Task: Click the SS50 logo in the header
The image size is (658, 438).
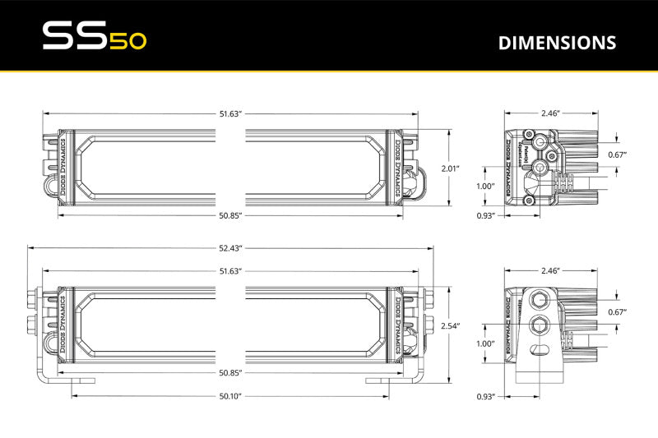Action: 94,37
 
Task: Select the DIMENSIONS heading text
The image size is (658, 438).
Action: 557,42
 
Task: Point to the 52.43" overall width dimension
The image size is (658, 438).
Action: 229,247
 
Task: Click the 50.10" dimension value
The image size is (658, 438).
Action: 229,396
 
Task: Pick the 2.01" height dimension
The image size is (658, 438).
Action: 450,168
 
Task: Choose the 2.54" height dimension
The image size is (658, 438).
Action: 450,326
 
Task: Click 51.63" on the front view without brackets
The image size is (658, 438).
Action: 229,113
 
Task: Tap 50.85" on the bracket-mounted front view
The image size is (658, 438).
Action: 229,373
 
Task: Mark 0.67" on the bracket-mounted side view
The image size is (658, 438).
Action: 616,311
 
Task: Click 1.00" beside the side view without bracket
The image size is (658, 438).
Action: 485,186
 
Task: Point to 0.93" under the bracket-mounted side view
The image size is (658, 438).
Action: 487,397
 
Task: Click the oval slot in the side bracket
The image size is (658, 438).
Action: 540,352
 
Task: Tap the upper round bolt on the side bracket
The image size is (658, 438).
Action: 540,297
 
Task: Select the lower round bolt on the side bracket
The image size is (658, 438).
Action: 540,324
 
